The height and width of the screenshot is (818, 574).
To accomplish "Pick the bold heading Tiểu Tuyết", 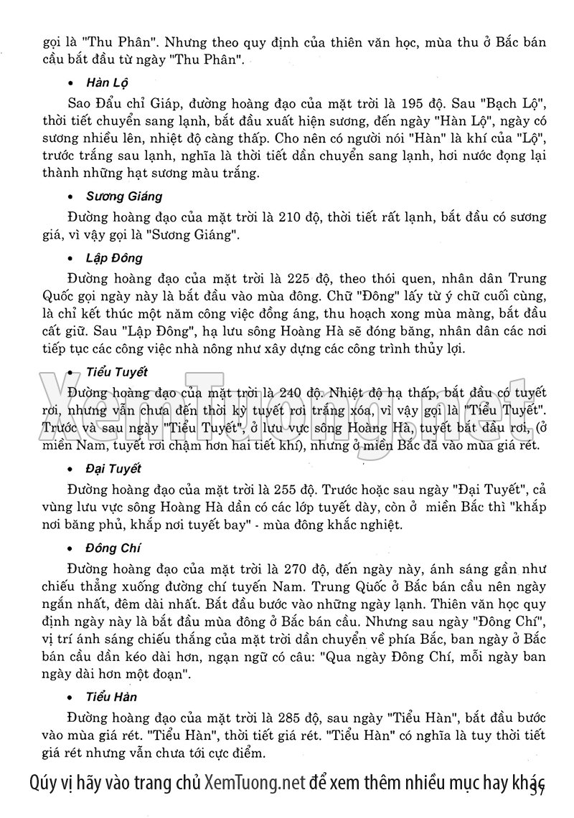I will click(116, 372).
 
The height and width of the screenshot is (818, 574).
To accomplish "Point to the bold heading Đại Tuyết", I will click(113, 468).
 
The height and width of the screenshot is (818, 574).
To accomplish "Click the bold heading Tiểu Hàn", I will click(111, 697).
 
